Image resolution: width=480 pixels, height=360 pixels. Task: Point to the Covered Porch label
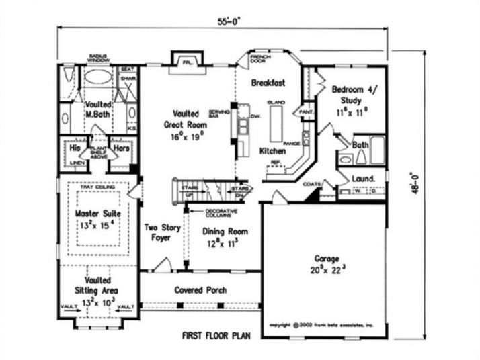pos(200,291)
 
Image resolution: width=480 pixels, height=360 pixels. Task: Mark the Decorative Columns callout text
pos(211,214)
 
